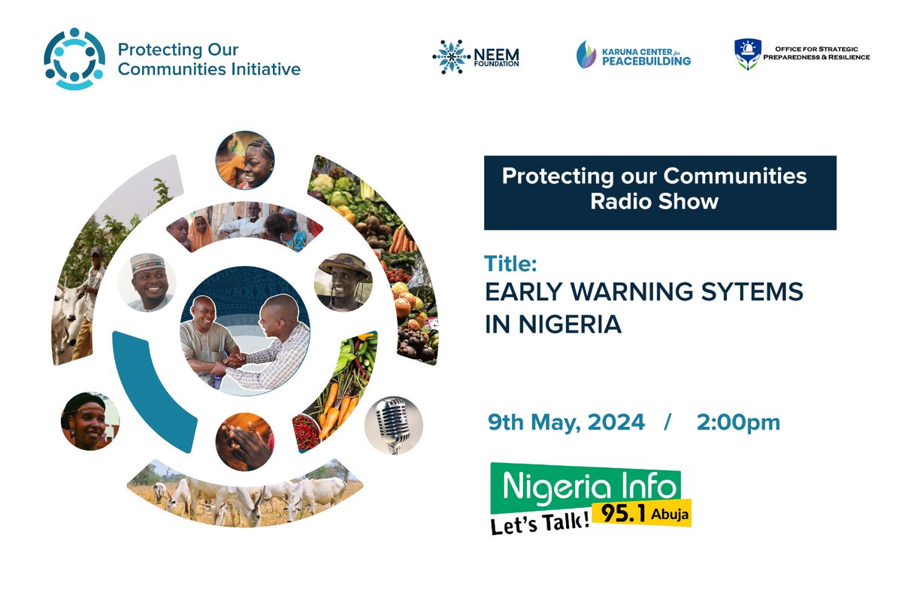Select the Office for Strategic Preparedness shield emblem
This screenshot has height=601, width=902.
[x=747, y=55]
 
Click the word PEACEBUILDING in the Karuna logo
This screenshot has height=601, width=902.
[x=646, y=61]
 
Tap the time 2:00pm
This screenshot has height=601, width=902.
[x=738, y=422]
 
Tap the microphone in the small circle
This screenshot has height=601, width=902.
[x=393, y=425]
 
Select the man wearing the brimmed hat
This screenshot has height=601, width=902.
[x=345, y=282]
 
